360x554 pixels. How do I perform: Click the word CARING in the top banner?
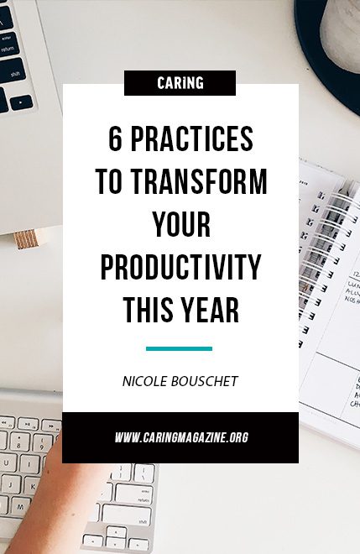point(180,83)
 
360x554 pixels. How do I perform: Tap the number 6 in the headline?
point(115,138)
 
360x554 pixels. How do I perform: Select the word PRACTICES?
point(192,138)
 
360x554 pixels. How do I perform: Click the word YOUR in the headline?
point(181,224)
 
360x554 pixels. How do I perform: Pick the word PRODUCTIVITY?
point(180,267)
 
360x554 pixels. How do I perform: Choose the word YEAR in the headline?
point(211,310)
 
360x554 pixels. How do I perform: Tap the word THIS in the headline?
point(149,310)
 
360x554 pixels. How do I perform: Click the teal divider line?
point(179,348)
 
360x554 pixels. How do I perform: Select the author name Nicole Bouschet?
point(180,381)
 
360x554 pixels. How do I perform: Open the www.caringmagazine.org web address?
point(181,437)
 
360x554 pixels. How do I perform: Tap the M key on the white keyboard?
point(20,507)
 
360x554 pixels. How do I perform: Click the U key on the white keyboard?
point(6,463)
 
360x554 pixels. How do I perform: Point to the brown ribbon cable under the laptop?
point(26,239)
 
